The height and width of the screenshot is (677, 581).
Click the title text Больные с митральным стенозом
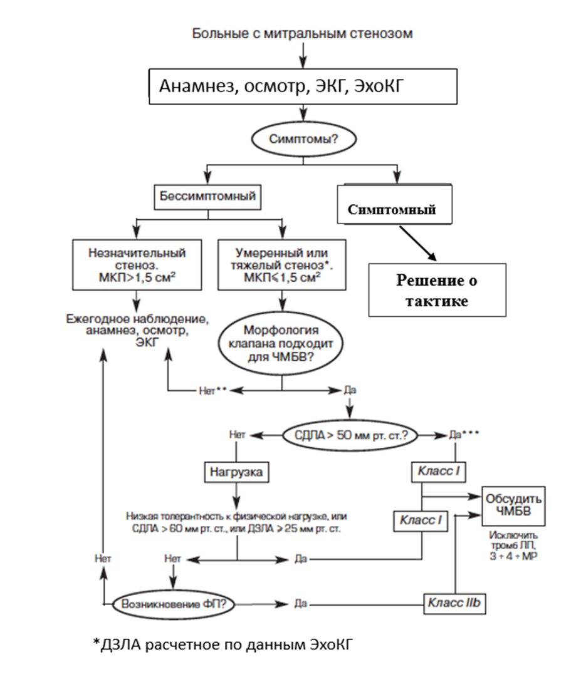click(x=302, y=33)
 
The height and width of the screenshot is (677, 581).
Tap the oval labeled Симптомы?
click(x=303, y=139)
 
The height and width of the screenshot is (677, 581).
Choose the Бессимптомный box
click(x=206, y=197)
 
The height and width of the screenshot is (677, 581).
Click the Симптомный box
click(x=393, y=210)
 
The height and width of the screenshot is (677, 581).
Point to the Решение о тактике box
click(x=436, y=290)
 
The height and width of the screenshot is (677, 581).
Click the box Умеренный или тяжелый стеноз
click(x=281, y=264)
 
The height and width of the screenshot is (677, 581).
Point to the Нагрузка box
click(x=236, y=472)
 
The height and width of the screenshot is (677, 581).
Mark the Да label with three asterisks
click(x=463, y=434)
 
